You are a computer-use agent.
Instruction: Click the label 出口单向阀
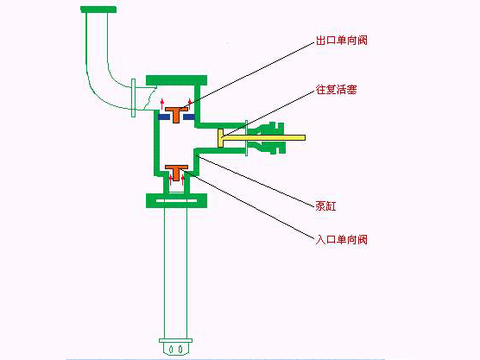[x=341, y=40]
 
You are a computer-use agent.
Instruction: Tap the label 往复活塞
[x=336, y=90]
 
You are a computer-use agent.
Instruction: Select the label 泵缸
[x=325, y=205]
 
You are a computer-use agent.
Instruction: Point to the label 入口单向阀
[x=341, y=239]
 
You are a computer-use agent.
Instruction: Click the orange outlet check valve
[x=176, y=114]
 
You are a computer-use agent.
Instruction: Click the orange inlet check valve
[x=176, y=173]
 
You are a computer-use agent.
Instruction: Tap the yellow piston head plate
[x=221, y=138]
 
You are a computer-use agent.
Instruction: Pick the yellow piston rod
[x=264, y=137]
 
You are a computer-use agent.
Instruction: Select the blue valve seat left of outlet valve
[x=164, y=117]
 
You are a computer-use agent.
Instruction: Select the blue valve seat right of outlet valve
[x=188, y=117]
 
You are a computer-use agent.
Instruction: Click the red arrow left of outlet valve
[x=162, y=104]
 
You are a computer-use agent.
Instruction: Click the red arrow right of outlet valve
[x=190, y=104]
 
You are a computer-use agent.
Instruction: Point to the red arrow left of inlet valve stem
[x=171, y=180]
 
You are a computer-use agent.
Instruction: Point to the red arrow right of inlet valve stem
[x=183, y=180]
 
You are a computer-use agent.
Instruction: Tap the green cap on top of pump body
[x=177, y=80]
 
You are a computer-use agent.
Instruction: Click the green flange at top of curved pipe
[x=98, y=9]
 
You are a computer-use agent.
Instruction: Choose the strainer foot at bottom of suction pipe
[x=176, y=346]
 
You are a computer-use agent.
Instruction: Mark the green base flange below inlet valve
[x=177, y=200]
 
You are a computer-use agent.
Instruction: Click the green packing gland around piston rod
[x=267, y=138]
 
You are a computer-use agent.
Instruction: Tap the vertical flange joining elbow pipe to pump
[x=133, y=98]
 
